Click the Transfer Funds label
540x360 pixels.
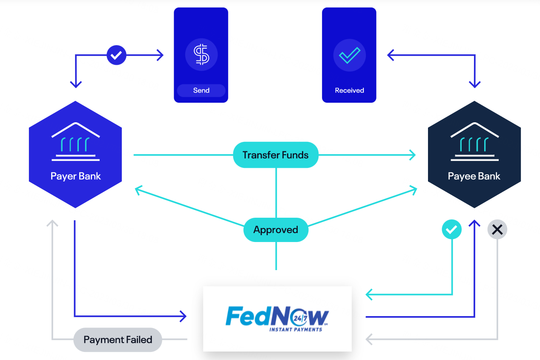pyautogui.click(x=276, y=155)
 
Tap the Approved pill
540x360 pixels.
pyautogui.click(x=276, y=230)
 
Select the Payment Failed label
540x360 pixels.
pyautogui.click(x=118, y=340)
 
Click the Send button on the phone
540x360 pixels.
pyautogui.click(x=201, y=90)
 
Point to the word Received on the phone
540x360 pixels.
pyautogui.click(x=349, y=90)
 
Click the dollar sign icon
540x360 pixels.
pyautogui.click(x=201, y=55)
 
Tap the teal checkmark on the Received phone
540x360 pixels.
pyautogui.click(x=349, y=55)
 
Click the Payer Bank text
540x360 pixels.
pyautogui.click(x=75, y=176)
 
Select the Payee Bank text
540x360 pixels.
pyautogui.click(x=474, y=176)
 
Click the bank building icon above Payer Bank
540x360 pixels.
pyautogui.click(x=75, y=142)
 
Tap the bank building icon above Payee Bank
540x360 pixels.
pyautogui.click(x=474, y=142)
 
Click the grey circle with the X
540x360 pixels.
pyautogui.click(x=497, y=230)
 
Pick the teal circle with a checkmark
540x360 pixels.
pyautogui.click(x=451, y=230)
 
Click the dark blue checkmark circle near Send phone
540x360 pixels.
pyautogui.click(x=116, y=55)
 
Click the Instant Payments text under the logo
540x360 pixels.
pyautogui.click(x=296, y=329)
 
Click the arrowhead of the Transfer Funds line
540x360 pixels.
pyautogui.click(x=412, y=155)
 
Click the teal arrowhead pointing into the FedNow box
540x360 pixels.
pyautogui.click(x=369, y=294)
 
